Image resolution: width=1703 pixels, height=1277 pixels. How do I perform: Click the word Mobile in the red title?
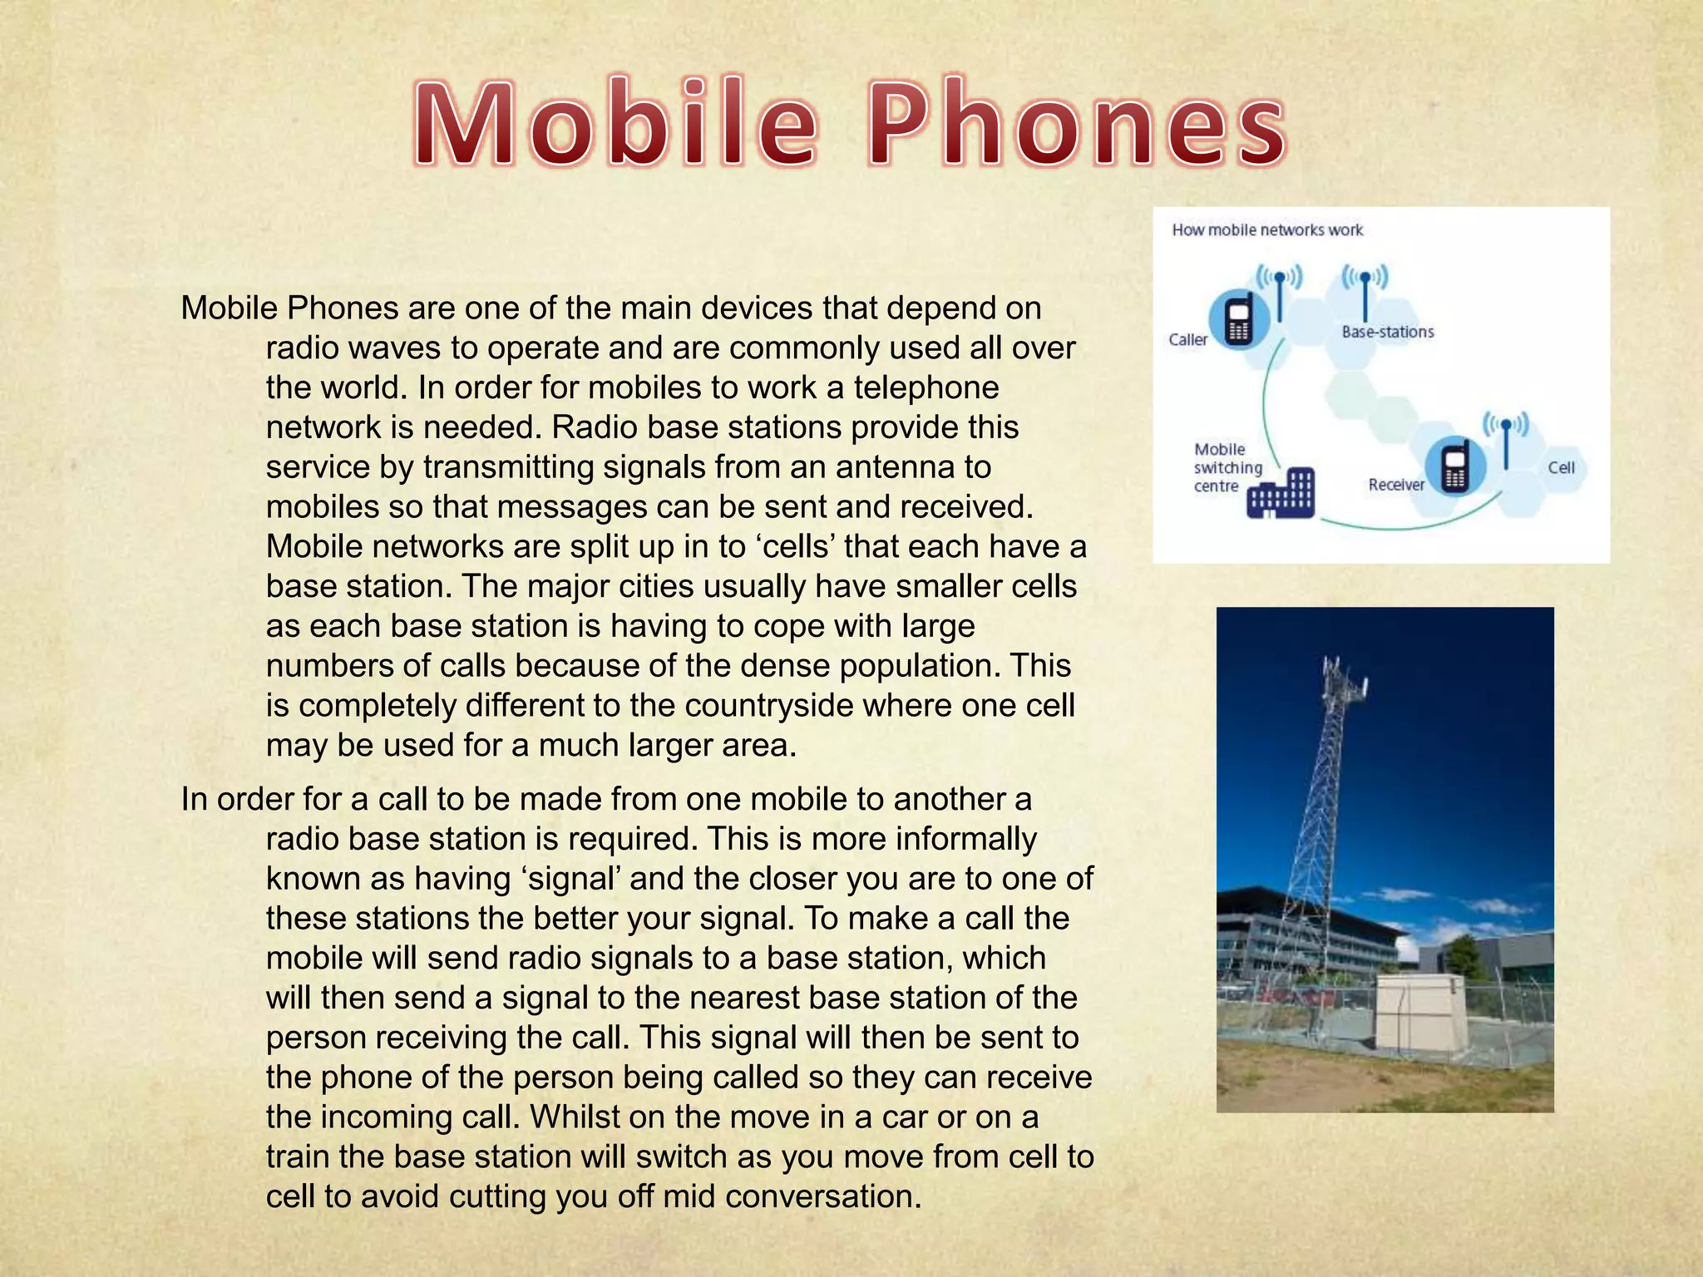point(616,125)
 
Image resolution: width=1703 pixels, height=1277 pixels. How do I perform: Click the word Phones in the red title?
point(1078,125)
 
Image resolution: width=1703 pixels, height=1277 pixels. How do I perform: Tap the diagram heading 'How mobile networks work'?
point(1267,230)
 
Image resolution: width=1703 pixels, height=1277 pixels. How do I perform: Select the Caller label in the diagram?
point(1187,339)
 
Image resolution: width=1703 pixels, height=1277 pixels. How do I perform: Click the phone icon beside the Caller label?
point(1238,319)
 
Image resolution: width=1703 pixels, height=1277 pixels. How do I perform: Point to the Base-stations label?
point(1387,332)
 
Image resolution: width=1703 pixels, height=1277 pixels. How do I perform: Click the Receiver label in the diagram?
point(1396,485)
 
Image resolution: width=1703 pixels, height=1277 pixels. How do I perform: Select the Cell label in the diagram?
point(1561,468)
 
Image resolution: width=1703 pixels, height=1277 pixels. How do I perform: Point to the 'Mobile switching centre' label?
point(1227,467)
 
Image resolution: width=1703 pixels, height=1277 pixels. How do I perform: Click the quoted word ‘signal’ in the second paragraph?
point(573,879)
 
